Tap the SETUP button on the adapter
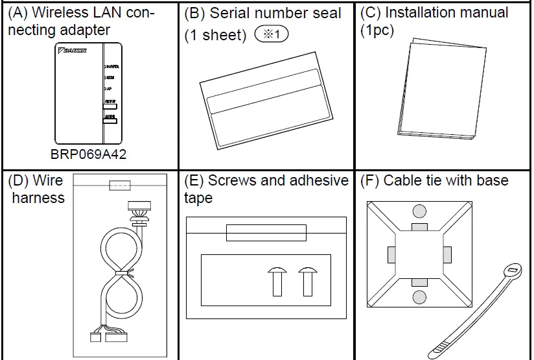(x=109, y=104)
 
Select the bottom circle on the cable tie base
(x=419, y=297)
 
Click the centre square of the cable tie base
(x=419, y=254)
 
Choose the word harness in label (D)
(x=38, y=197)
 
